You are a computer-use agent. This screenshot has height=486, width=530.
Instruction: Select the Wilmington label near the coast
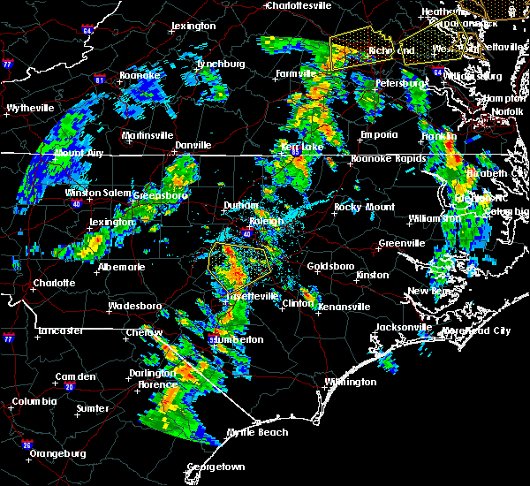(x=350, y=382)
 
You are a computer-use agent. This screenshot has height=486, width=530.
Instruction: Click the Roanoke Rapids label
(x=382, y=159)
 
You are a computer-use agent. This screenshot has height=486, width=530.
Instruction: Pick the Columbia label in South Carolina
(x=34, y=401)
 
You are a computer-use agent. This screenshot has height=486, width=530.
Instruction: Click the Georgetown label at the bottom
(x=216, y=466)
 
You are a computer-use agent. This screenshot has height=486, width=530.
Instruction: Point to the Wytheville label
(x=30, y=108)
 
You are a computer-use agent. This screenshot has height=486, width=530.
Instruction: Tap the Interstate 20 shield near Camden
(x=69, y=387)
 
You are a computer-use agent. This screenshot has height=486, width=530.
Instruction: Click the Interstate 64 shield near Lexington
(x=87, y=31)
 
